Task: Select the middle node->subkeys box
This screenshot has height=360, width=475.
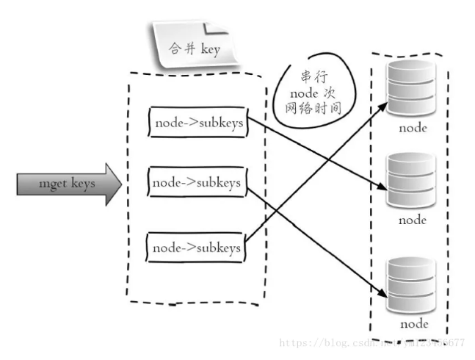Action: pyautogui.click(x=197, y=182)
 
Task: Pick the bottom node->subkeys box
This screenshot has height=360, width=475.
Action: pyautogui.click(x=197, y=248)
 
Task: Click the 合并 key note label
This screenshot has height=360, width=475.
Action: pyautogui.click(x=195, y=49)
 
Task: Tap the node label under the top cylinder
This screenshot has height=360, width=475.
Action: pyautogui.click(x=412, y=128)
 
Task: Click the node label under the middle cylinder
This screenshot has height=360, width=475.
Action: pyautogui.click(x=412, y=219)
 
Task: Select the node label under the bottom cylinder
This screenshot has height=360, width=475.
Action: pyautogui.click(x=412, y=323)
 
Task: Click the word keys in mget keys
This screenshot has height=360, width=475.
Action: pyautogui.click(x=83, y=184)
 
